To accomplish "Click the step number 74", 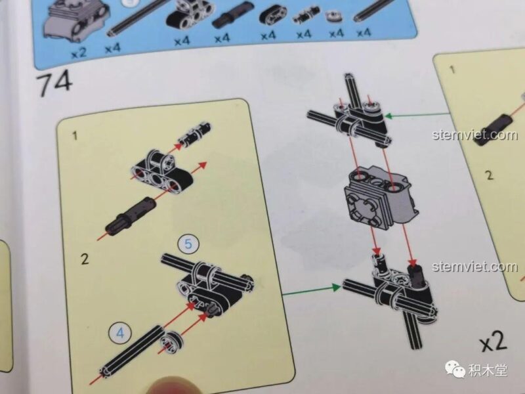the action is pos(54,83).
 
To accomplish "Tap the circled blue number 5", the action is pos(188,244).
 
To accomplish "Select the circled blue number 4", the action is pos(120,333).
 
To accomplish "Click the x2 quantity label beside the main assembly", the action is pos(493,341).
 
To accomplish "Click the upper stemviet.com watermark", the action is pos(474,135).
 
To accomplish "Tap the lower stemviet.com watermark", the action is pos(474,267).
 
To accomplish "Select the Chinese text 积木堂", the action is pos(488,370).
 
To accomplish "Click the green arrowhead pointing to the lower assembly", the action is pos(336,287).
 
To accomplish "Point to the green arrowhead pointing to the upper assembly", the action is pos(389,116).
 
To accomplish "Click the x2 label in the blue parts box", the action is pos(79,53).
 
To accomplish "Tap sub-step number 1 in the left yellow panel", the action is pos(75,136).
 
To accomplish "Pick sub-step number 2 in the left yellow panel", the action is pos(85,259).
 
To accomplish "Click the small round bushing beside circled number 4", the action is pos(171,342).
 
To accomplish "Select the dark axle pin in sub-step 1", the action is pos(130,217).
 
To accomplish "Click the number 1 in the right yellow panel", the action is pos(453,70).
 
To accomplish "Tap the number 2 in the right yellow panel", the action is pos(490,175).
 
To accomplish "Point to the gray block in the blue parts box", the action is pos(75,21).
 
